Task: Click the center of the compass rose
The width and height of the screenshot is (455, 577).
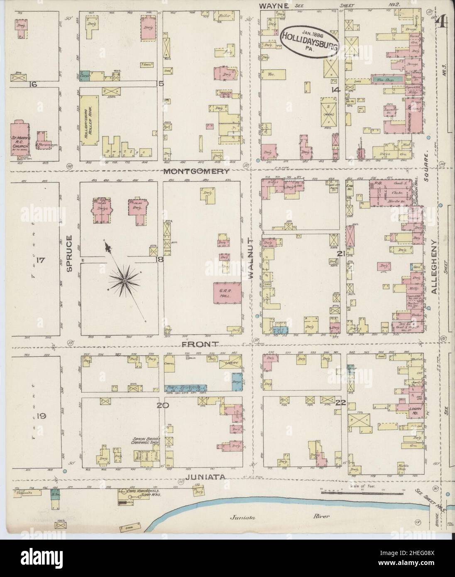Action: [123, 282]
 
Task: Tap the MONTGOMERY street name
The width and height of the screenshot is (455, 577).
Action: [196, 171]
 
